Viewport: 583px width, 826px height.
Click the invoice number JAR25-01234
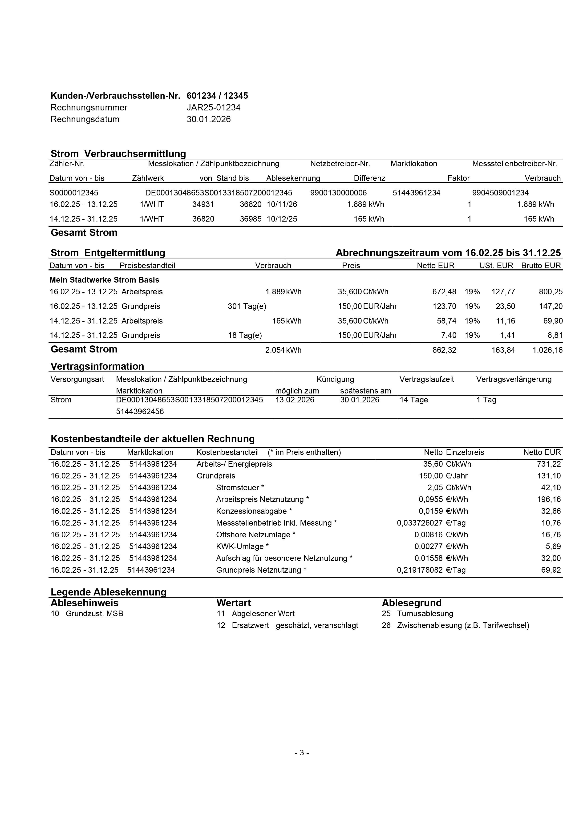coord(213,108)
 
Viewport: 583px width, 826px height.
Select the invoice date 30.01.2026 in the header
coord(209,119)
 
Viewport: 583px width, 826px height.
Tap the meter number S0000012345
coord(74,193)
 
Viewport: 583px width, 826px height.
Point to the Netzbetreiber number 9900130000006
coord(338,193)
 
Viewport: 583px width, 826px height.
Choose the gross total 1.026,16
coord(547,350)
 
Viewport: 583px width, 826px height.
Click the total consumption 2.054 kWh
coord(283,350)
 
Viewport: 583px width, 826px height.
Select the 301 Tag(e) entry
coord(247,307)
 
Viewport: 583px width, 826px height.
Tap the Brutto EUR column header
coord(541,266)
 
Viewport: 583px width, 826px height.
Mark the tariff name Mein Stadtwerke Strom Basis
coord(104,280)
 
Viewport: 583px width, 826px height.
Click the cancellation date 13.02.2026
coord(295,400)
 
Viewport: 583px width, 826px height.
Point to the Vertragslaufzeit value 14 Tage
coord(414,400)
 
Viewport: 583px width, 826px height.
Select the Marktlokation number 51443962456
coord(140,412)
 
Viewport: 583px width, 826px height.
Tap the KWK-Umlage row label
coord(242,547)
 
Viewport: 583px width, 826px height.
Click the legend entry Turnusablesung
coord(425,614)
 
